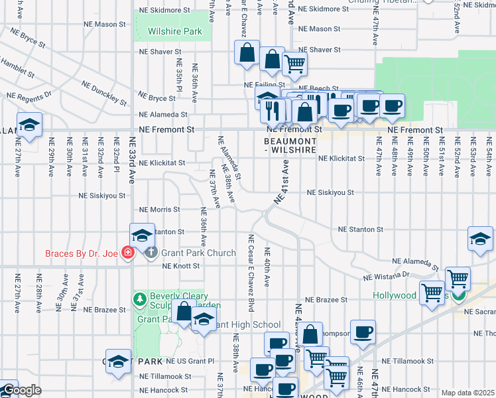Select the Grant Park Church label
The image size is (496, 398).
tap(198, 253)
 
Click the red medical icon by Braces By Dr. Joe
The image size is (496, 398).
tap(128, 253)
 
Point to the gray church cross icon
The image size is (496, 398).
tap(151, 253)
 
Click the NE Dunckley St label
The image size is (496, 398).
tap(104, 94)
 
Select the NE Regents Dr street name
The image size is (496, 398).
tap(29, 96)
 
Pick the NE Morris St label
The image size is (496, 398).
tap(159, 210)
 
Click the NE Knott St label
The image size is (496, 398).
tap(181, 266)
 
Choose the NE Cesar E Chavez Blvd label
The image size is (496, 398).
tap(251, 273)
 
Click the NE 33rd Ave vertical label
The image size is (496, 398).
tap(132, 167)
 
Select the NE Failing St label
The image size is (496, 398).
tap(264, 85)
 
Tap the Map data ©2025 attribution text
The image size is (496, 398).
tap(467, 393)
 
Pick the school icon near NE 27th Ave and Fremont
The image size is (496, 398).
tap(29, 125)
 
